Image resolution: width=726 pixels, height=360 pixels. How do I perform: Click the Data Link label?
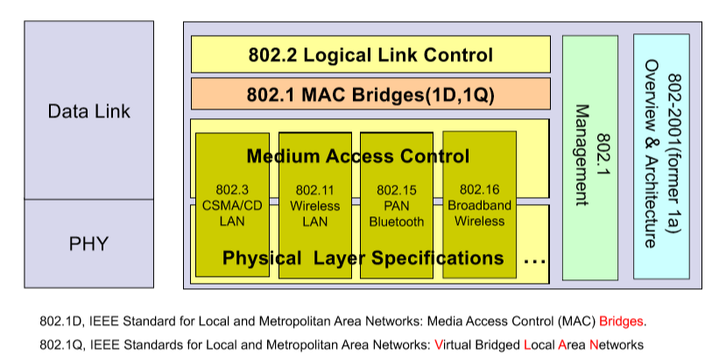pos(88,111)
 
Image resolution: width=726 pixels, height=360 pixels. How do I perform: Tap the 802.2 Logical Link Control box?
pos(370,55)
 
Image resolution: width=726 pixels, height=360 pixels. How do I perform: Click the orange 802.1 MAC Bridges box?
pos(370,94)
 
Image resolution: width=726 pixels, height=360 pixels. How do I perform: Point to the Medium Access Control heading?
pos(357,157)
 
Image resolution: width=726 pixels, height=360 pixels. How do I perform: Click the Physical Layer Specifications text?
pos(363,258)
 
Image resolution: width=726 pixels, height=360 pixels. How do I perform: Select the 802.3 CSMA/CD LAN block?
pos(231,205)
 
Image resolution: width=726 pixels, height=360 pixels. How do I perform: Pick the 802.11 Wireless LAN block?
pos(315,205)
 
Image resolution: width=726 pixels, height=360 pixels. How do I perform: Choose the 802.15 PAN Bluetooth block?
pos(396,205)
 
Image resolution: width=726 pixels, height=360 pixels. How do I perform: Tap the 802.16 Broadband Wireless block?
pos(479,205)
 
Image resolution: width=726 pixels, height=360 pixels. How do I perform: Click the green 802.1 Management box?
pos(589,158)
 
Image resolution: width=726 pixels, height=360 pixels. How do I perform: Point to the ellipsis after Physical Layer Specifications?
pos(534,260)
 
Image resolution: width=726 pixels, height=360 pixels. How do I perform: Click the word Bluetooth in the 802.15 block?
pos(396,222)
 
